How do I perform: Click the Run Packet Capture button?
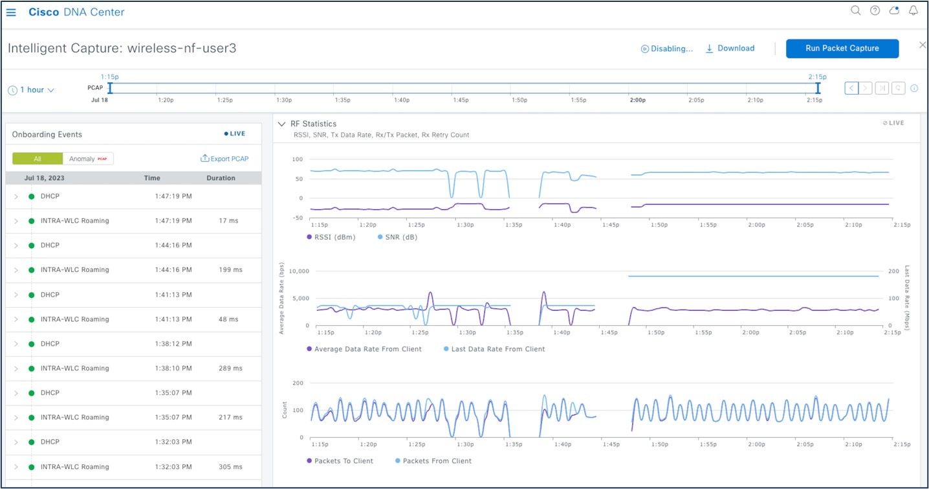pos(842,49)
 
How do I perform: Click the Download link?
pos(730,49)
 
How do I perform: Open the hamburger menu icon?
pos(11,12)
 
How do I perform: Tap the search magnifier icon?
pos(855,11)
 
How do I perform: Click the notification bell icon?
pos(913,11)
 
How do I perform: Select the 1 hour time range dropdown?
pos(31,90)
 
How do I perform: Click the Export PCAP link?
pos(224,159)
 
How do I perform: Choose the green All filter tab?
pos(38,159)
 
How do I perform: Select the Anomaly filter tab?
pos(88,159)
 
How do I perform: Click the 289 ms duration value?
pos(230,369)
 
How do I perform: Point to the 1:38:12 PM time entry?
pos(173,344)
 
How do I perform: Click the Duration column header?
pos(221,178)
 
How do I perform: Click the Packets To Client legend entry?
pos(343,461)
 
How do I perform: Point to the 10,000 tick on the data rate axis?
pos(297,271)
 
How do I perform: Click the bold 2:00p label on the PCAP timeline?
pos(638,100)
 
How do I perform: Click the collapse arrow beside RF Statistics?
pos(281,124)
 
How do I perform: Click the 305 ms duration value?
pos(230,467)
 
